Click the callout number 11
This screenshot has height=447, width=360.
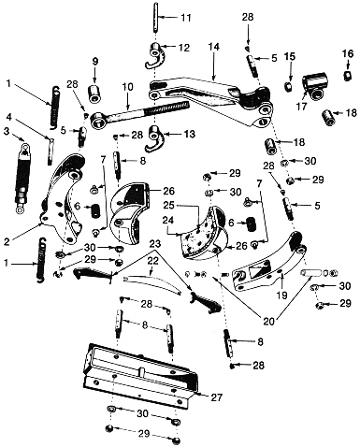(186, 17)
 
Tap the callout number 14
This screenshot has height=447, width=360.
(214, 47)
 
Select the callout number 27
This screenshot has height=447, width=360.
(217, 397)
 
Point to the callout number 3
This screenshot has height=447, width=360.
(7, 131)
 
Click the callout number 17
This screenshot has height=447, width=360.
(301, 106)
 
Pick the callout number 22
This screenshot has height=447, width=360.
(153, 261)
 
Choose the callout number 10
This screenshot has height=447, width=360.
(128, 87)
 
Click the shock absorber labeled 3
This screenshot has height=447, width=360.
(22, 178)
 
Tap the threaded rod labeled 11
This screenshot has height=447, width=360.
(156, 16)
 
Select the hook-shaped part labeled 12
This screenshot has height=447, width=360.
(154, 55)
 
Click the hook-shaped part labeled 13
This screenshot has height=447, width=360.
(154, 136)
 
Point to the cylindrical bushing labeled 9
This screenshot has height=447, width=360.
(94, 93)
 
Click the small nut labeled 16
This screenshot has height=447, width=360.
(348, 76)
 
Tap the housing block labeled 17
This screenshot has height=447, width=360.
(315, 82)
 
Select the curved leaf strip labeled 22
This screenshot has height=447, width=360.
(152, 282)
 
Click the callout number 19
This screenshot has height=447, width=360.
(282, 295)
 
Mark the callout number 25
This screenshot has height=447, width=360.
(170, 206)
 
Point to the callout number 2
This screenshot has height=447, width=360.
(8, 241)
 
